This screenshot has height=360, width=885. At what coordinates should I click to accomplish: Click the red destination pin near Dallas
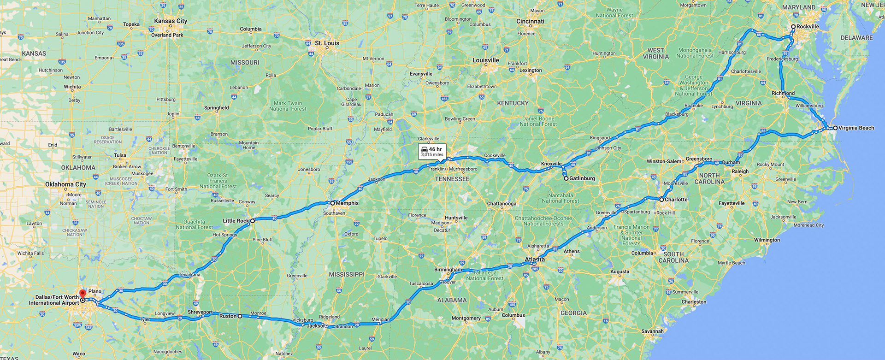click(x=83, y=294)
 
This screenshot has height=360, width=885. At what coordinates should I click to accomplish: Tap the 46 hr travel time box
click(x=432, y=152)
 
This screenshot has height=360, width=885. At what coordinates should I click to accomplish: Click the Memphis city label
click(x=347, y=203)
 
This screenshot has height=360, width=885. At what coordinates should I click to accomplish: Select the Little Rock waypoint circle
click(x=253, y=221)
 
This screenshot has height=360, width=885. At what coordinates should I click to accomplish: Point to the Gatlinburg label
click(x=582, y=178)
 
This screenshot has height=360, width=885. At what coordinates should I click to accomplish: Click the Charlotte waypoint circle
click(x=661, y=200)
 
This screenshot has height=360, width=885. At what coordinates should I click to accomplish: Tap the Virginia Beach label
click(x=856, y=128)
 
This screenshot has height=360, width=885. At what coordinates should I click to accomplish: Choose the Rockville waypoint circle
click(x=793, y=27)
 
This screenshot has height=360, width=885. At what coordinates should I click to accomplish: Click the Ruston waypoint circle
click(x=240, y=316)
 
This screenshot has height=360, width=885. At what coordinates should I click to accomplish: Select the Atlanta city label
click(x=535, y=260)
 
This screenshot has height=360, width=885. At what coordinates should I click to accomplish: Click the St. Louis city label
click(x=327, y=43)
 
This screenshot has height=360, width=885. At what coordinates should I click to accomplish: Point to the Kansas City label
click(x=171, y=21)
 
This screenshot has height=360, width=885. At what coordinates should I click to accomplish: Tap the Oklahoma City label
click(x=65, y=184)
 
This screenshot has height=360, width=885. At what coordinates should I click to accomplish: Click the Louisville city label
click(x=486, y=60)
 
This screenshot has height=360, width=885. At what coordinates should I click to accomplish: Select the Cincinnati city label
click(x=530, y=22)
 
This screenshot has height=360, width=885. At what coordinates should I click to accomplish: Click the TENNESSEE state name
click(x=452, y=179)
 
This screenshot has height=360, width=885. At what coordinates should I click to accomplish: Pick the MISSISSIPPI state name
click(x=347, y=275)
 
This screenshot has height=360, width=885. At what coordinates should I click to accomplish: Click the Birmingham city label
click(x=448, y=270)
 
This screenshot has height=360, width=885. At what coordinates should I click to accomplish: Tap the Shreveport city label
click(x=200, y=312)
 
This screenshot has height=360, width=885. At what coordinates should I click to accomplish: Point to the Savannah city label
click(x=652, y=331)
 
